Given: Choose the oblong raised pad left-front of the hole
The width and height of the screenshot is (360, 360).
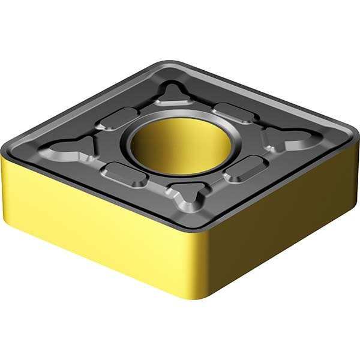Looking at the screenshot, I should click(x=125, y=174).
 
